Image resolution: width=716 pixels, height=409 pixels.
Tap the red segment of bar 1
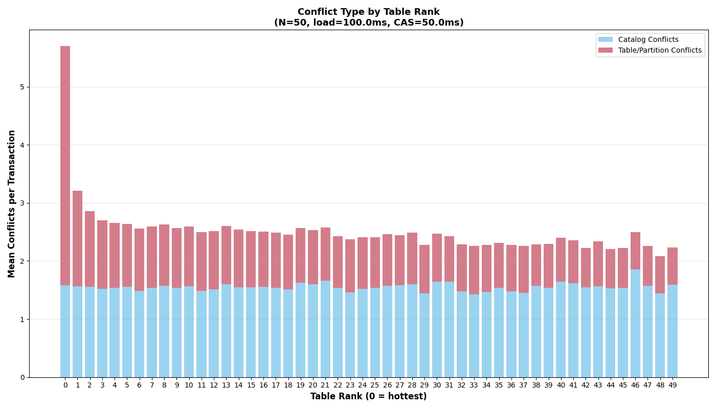click(x=77, y=238)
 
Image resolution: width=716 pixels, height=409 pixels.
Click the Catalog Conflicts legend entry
click(x=648, y=40)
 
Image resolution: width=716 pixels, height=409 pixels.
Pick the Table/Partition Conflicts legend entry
click(x=660, y=51)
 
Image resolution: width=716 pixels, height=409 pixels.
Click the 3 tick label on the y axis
click(x=22, y=203)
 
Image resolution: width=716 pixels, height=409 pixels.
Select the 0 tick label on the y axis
click(x=22, y=377)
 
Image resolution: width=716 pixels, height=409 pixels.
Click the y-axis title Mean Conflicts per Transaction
click(x=12, y=203)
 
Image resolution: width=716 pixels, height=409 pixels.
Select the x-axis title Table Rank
click(x=368, y=397)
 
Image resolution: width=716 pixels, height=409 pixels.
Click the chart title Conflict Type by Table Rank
click(x=368, y=12)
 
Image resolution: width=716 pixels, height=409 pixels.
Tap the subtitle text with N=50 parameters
click(x=368, y=23)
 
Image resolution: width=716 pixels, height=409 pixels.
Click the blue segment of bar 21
click(x=325, y=329)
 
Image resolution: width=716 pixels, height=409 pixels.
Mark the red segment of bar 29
click(x=424, y=269)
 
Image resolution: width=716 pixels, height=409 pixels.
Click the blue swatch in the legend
click(x=605, y=40)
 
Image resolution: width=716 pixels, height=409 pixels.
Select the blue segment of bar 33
click(x=474, y=336)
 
